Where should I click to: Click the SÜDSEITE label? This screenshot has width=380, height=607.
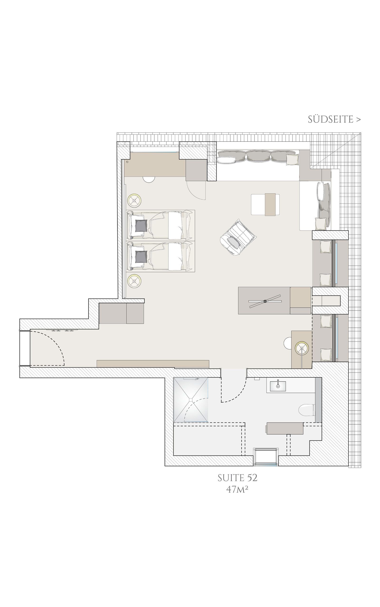334,120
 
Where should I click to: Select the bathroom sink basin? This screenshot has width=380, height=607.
278,386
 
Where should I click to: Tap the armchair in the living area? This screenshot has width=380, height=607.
238,237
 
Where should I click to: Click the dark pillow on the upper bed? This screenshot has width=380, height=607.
141,226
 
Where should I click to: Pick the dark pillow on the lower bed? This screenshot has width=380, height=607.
141,257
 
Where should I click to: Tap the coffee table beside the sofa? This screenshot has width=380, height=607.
265,204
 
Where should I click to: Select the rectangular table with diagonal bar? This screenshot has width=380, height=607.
264,301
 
